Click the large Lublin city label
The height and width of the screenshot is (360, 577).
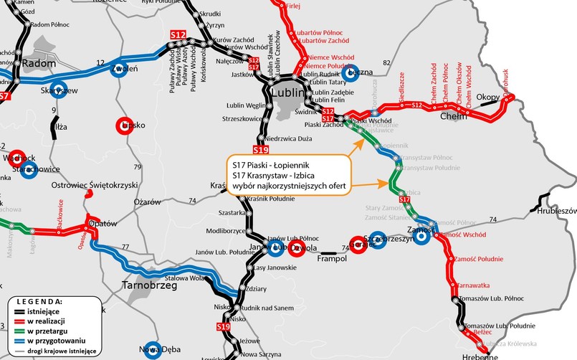point(289,93)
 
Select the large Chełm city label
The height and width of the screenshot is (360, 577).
point(453,116)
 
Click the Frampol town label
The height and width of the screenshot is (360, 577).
point(333,258)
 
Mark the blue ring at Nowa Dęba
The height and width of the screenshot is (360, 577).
point(151,349)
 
